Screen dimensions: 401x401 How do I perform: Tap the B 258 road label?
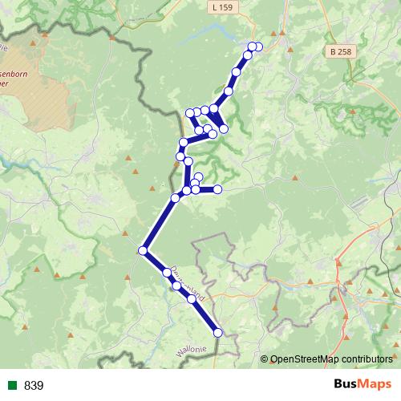point(340,51)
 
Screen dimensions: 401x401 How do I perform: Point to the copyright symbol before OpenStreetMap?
point(265,358)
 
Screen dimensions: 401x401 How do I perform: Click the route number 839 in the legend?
point(34,386)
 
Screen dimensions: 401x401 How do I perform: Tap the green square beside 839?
point(13,386)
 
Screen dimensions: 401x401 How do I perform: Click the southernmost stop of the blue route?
point(217,332)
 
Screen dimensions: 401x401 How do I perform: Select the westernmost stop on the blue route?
point(144,251)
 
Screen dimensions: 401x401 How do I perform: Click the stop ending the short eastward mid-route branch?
point(217,189)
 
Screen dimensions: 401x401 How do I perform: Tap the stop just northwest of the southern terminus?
point(192,300)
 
